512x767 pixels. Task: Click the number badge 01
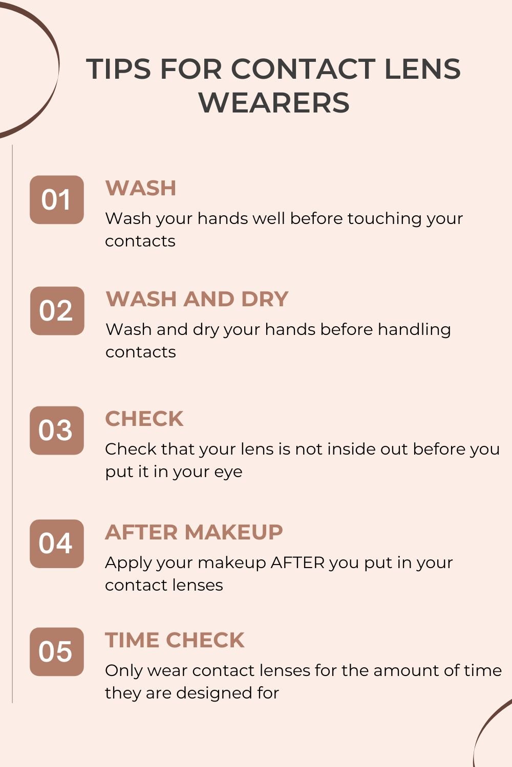(57, 200)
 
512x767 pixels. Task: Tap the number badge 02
(57, 311)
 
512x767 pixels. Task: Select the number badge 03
(57, 431)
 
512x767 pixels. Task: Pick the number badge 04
(57, 544)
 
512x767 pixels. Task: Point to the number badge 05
(57, 651)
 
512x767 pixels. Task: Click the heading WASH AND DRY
(197, 299)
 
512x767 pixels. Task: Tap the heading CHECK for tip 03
(144, 419)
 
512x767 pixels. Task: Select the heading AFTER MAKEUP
(194, 532)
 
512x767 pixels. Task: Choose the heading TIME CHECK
(175, 640)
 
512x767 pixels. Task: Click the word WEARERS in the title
(274, 102)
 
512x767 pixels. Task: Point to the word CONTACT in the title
(304, 69)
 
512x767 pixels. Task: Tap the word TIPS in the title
(118, 69)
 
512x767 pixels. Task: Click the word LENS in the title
(422, 69)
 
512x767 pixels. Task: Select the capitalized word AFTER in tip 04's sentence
(297, 562)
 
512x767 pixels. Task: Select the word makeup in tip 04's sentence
(232, 563)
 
